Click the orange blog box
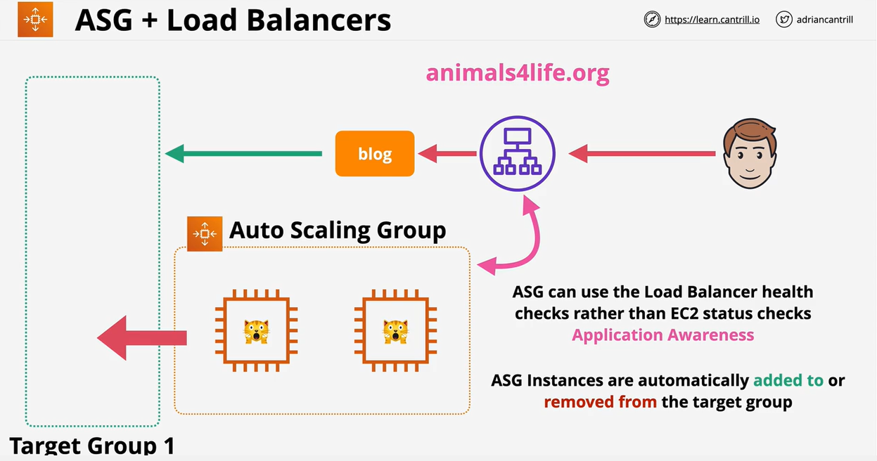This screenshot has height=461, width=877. tap(375, 154)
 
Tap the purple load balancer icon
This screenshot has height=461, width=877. tap(518, 154)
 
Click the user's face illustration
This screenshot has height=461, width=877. tap(750, 153)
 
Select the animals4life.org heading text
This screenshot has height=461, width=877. tap(518, 72)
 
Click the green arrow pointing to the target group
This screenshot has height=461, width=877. tap(243, 153)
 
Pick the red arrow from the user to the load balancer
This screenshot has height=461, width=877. tap(641, 153)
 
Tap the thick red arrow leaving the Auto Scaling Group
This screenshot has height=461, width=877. tap(141, 338)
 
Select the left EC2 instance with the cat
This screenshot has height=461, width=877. tap(257, 330)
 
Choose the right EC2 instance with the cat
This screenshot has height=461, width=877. tap(395, 330)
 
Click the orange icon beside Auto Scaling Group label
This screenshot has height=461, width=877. tap(205, 233)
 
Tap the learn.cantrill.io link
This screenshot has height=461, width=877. tap(712, 20)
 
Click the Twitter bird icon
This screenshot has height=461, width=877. tap(784, 20)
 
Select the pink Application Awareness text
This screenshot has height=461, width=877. tap(662, 335)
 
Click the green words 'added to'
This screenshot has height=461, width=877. tap(788, 380)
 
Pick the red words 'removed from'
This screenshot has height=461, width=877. tap(600, 402)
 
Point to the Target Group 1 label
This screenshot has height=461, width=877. tap(91, 445)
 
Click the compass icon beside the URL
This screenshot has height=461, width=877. tap(652, 20)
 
